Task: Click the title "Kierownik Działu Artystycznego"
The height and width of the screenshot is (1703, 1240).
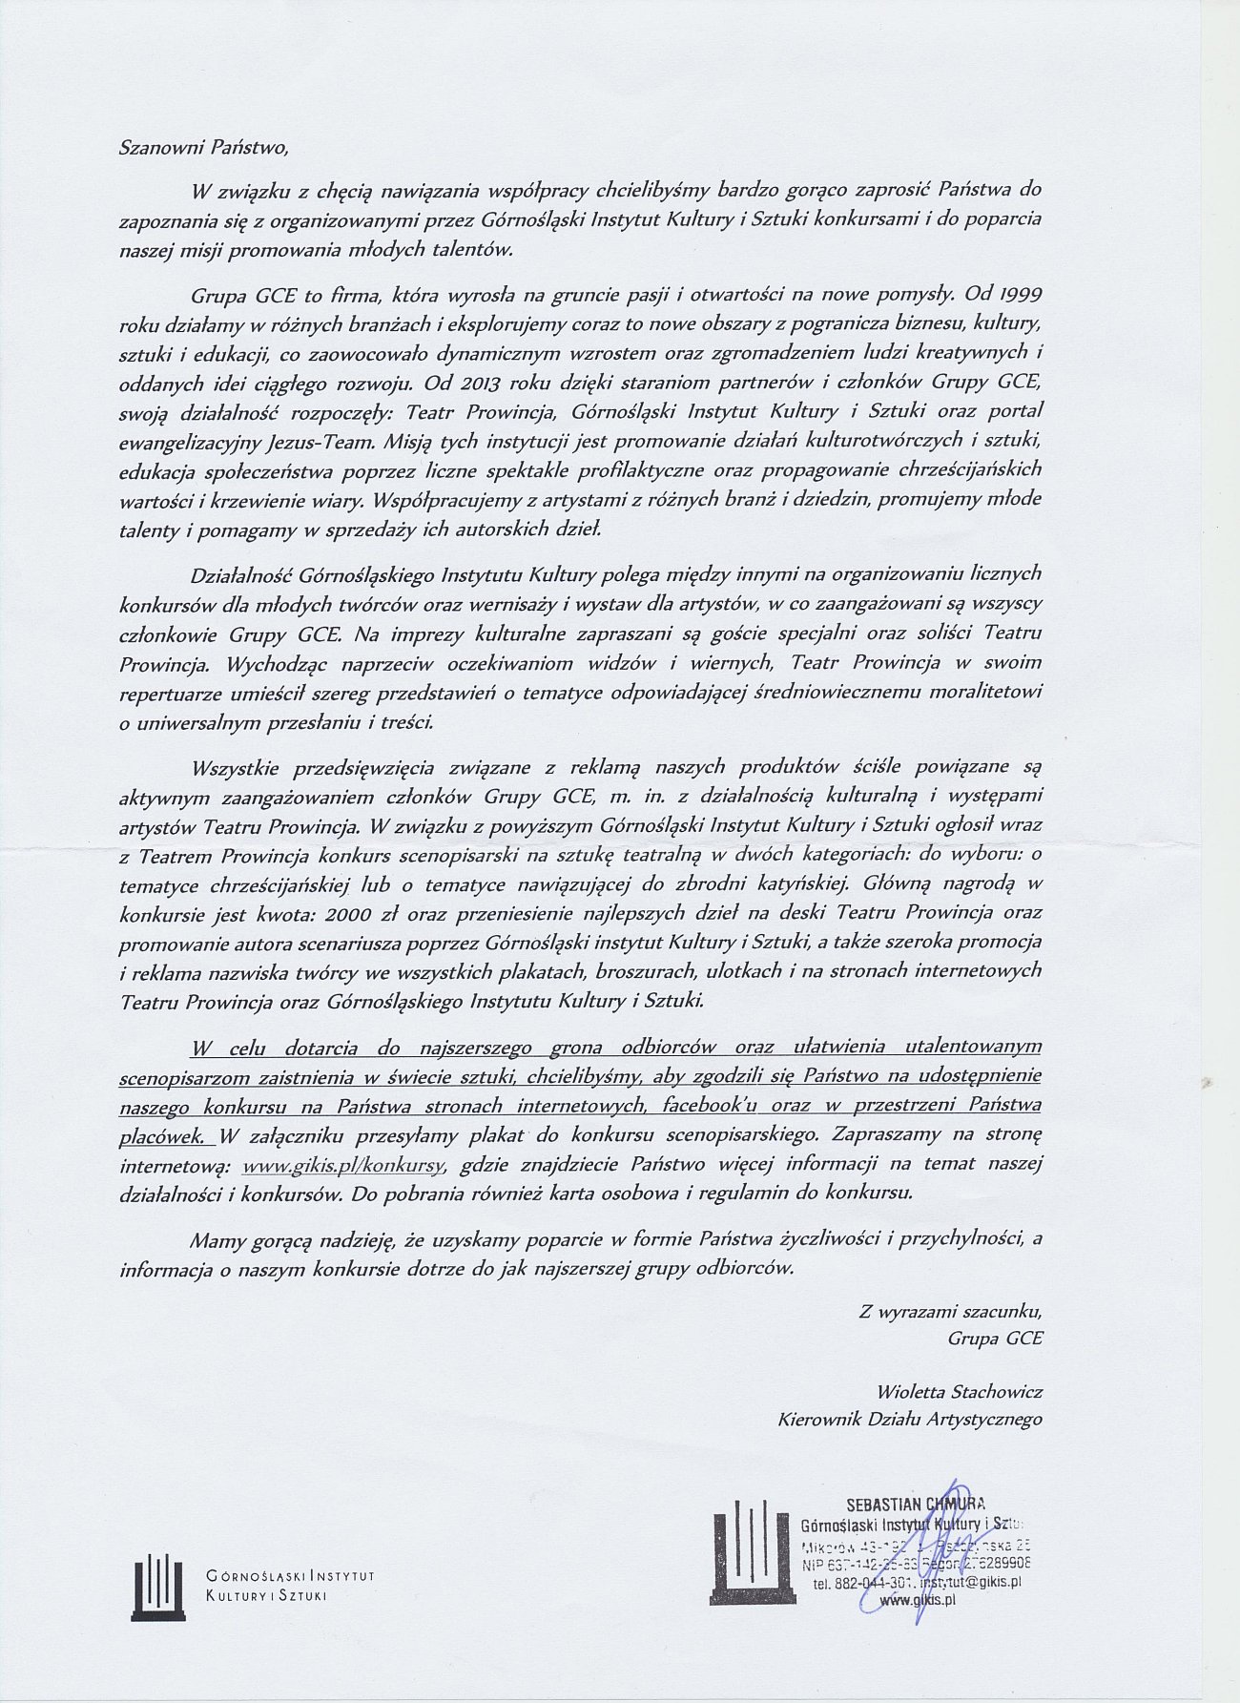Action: coord(911,1419)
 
